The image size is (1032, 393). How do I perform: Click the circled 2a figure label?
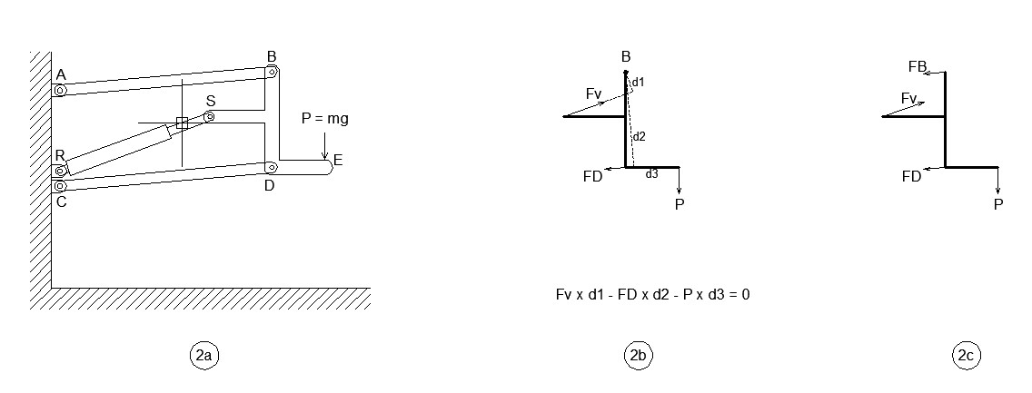pos(203,357)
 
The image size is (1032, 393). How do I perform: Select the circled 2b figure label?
pos(638,357)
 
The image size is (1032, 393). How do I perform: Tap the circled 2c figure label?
pos(965,357)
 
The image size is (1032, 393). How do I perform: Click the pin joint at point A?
pos(60,90)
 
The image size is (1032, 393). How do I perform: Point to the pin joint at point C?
pos(60,186)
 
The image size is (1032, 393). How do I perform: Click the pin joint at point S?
pos(209,116)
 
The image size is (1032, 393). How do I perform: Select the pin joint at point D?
pos(270,167)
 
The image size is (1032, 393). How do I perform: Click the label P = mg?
pos(324,119)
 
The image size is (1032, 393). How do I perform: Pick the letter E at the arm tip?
pos(338,161)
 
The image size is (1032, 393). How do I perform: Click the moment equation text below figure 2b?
pos(652,295)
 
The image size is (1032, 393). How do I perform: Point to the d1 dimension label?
pos(638,82)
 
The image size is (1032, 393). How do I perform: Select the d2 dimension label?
pos(639,136)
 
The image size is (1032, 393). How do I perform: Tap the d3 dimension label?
pos(651,173)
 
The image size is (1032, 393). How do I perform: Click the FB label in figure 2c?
pos(917,66)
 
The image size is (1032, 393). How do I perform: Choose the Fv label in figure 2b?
pos(593,93)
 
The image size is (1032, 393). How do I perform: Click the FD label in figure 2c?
pos(911,177)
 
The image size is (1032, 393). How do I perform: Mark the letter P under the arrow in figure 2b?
pos(680,204)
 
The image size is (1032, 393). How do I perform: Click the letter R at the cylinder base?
pos(60,155)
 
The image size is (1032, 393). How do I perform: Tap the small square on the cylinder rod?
pos(182,123)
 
